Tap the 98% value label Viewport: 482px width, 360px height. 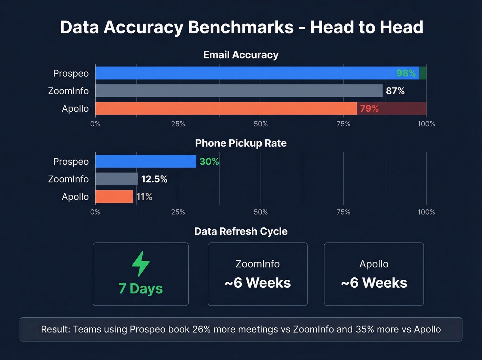point(406,73)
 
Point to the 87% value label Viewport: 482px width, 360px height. point(395,91)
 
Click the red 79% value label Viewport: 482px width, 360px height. point(369,109)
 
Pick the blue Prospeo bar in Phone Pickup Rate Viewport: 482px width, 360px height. point(146,161)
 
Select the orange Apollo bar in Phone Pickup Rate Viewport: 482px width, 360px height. point(114,196)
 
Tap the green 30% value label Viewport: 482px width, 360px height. point(209,161)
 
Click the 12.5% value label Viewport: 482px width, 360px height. point(154,179)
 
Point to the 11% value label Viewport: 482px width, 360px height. point(144,197)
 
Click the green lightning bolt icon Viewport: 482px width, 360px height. point(140,264)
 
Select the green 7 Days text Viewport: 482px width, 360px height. point(140,289)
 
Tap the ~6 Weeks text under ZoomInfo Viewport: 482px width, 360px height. point(258,283)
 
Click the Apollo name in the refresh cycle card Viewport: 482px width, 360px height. point(374,264)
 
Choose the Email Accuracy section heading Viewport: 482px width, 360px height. point(241,55)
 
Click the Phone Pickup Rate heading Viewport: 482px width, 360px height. point(241,143)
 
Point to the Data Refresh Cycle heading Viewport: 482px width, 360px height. point(241,231)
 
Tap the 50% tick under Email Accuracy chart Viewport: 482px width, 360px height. point(261,124)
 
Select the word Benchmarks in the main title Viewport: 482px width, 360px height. point(241,27)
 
